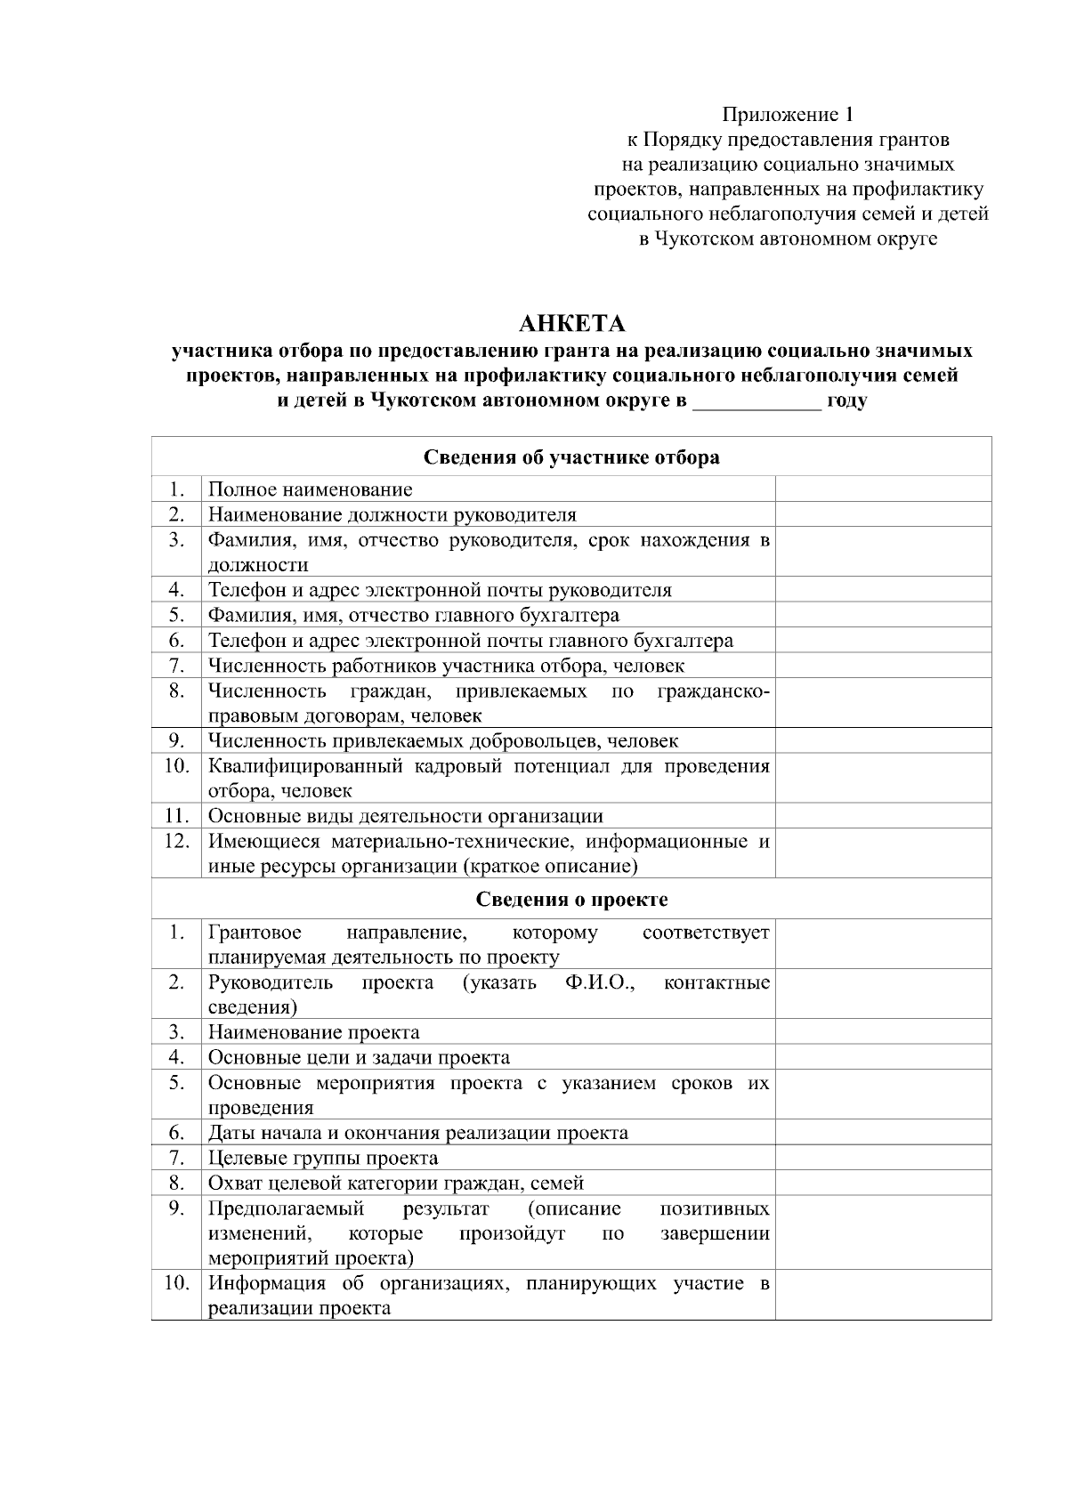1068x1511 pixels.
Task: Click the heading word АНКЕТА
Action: click(x=571, y=322)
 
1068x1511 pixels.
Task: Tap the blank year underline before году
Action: click(x=756, y=400)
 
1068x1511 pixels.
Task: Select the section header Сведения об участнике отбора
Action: click(x=571, y=457)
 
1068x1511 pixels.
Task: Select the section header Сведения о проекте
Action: click(x=571, y=899)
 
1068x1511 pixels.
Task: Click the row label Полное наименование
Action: click(x=311, y=489)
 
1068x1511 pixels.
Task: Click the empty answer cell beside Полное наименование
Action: click(x=883, y=489)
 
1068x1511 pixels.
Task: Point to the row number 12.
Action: click(x=176, y=841)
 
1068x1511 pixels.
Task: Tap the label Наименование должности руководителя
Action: click(x=392, y=514)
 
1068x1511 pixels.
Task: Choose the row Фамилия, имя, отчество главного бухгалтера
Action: click(x=414, y=615)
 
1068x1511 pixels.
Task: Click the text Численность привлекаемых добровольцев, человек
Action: click(x=443, y=741)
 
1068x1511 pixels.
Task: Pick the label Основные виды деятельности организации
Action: click(x=406, y=816)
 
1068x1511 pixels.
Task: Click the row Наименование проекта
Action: click(x=314, y=1032)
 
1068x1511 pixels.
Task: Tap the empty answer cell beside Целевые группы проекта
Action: click(x=883, y=1158)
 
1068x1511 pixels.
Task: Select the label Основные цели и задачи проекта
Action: click(x=360, y=1057)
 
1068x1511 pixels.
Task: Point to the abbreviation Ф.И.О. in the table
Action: click(x=599, y=982)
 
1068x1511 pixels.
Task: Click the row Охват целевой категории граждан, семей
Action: click(x=396, y=1183)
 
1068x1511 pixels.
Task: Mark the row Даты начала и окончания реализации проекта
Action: click(x=418, y=1133)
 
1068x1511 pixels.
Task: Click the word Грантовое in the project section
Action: click(x=255, y=933)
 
